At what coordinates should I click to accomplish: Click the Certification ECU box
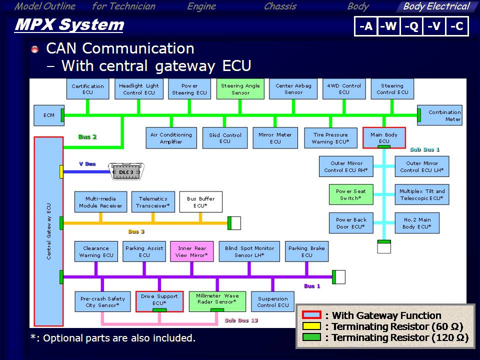(x=87, y=89)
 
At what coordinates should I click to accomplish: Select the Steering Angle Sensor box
(x=240, y=89)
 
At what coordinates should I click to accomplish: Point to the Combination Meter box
(x=440, y=115)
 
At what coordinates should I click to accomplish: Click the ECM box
(x=48, y=115)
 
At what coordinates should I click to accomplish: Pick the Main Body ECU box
(x=384, y=137)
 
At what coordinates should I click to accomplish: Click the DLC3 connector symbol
(x=126, y=172)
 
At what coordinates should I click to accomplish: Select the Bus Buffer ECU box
(x=200, y=202)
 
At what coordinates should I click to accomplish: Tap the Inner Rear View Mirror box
(x=192, y=251)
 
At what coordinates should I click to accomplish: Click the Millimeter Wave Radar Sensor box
(x=217, y=299)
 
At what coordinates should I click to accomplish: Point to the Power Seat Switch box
(x=351, y=194)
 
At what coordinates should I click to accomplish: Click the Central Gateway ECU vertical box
(x=48, y=231)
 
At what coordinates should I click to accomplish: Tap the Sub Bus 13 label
(x=241, y=320)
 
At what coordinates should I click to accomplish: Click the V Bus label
(x=87, y=164)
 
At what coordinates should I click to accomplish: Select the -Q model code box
(x=412, y=26)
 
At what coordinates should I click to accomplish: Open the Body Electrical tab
(x=436, y=6)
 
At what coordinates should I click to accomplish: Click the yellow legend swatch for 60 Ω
(x=312, y=326)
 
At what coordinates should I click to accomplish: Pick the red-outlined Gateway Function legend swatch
(x=312, y=315)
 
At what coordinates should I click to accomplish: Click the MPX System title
(x=69, y=24)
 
